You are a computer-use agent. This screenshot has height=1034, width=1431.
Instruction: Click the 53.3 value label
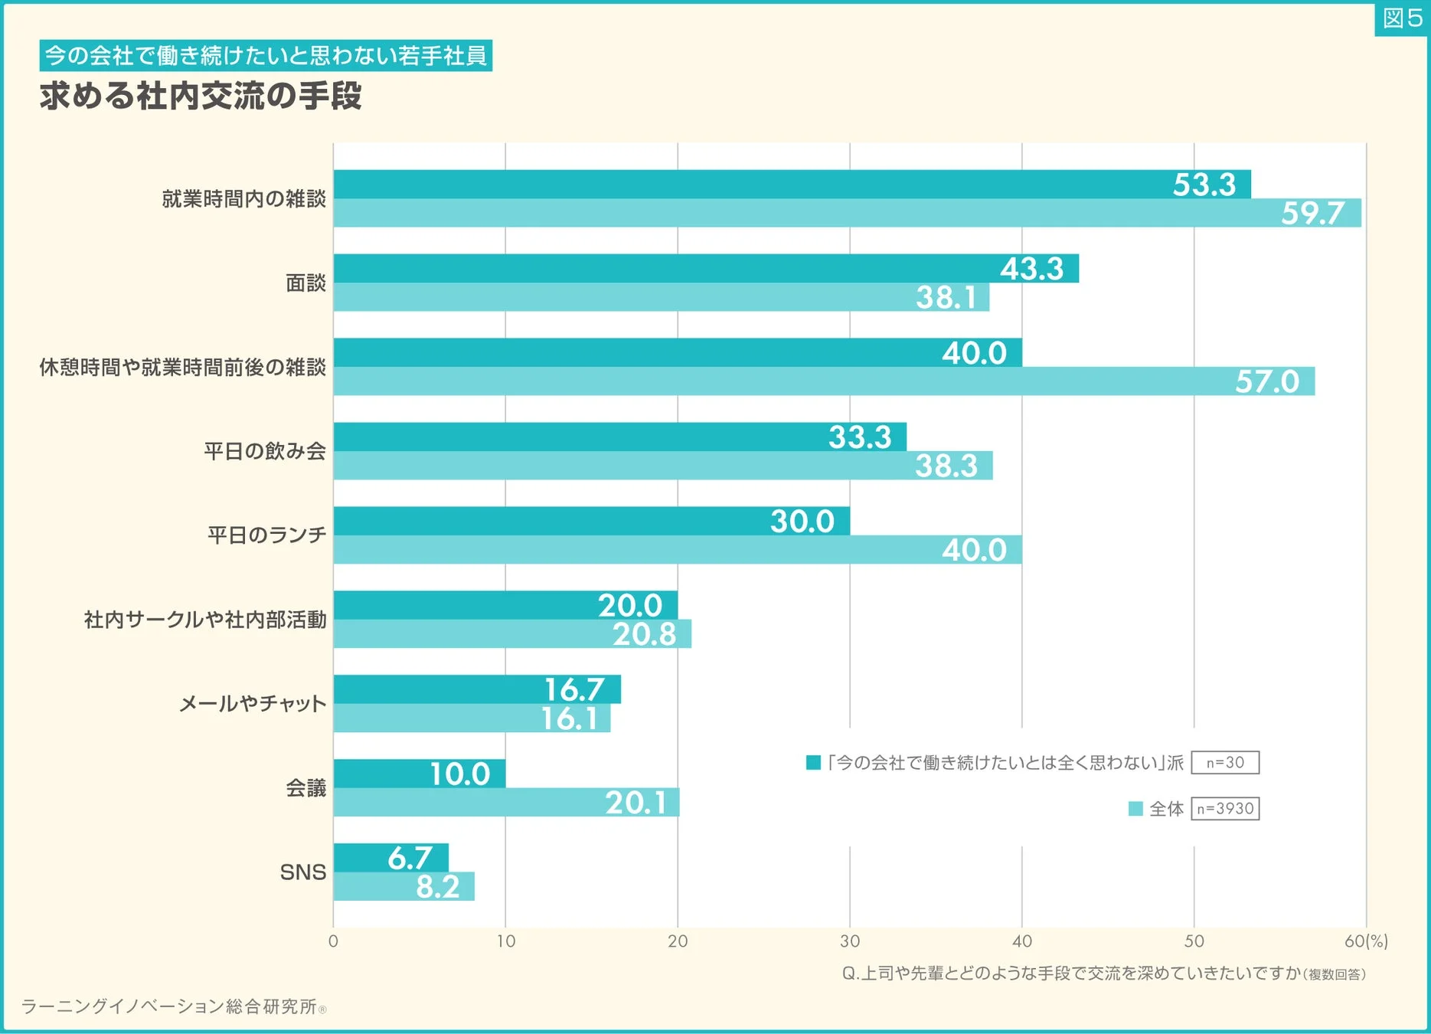[x=1204, y=185]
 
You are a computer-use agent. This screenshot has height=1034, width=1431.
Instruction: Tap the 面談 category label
[x=305, y=283]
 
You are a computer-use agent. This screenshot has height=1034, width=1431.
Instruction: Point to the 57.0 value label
[x=1266, y=381]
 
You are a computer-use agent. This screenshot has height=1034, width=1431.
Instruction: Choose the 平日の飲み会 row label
[x=265, y=451]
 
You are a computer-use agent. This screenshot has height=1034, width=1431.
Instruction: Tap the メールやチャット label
[x=253, y=703]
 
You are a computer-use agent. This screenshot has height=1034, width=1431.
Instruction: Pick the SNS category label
[x=302, y=872]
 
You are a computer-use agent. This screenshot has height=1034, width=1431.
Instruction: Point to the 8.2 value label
[x=437, y=887]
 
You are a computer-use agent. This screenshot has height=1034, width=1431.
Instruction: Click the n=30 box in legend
[x=1225, y=763]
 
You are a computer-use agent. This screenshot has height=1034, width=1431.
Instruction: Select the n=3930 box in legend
[x=1225, y=809]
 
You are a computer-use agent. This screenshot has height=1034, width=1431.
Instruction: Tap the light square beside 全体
[x=1135, y=809]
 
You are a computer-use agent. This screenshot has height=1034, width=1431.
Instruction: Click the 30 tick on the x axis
[x=850, y=941]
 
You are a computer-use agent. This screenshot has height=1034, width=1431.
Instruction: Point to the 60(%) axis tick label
[x=1365, y=941]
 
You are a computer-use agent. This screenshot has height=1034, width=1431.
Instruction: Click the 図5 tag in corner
[x=1402, y=18]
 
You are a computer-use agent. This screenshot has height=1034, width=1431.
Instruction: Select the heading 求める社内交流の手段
[x=201, y=96]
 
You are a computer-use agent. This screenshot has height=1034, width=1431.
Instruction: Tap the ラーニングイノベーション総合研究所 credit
[x=168, y=1006]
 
